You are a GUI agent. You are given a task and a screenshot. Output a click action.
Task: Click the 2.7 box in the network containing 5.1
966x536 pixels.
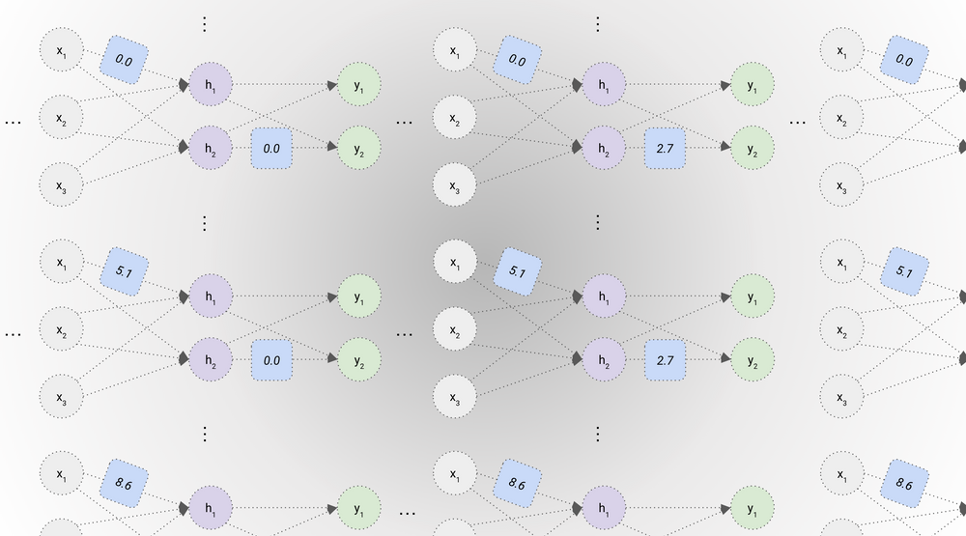tap(665, 359)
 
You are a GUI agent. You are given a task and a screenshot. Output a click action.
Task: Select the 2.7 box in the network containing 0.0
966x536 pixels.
tap(665, 148)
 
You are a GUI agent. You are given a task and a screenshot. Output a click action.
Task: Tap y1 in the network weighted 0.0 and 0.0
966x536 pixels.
tap(359, 85)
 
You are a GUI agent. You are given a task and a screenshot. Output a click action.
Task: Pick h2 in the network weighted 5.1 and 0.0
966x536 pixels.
tap(210, 359)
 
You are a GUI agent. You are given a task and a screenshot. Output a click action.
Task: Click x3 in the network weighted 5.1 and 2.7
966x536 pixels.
tap(455, 395)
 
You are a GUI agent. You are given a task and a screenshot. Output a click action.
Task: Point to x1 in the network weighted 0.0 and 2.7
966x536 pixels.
tap(455, 49)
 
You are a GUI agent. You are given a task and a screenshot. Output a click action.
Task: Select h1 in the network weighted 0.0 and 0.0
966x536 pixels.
tap(210, 85)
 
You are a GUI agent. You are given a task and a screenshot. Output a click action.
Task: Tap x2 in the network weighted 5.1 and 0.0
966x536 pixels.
tap(62, 331)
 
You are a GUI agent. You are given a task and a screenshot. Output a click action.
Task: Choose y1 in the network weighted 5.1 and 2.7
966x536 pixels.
tap(753, 296)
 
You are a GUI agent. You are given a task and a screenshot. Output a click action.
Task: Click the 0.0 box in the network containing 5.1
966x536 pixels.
tap(271, 359)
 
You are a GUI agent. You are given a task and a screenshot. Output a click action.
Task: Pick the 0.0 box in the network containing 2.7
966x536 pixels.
tap(516, 61)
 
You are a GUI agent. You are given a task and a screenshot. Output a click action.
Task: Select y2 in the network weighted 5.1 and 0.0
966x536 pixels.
tap(359, 359)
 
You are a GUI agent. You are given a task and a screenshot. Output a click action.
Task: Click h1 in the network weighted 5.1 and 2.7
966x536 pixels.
tap(603, 296)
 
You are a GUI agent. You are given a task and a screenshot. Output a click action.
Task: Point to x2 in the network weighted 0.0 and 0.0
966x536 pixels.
tap(62, 120)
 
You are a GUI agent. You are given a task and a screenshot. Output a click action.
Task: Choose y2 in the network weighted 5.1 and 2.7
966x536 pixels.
tap(753, 359)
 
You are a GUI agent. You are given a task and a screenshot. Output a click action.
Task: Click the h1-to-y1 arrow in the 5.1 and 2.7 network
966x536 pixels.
tap(676, 296)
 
